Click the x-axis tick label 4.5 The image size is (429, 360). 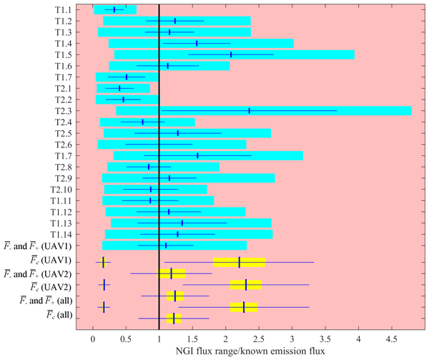pos(392,338)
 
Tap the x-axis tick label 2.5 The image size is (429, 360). pos(259,338)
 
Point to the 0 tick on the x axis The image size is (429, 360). pos(93,338)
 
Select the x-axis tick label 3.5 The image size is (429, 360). pos(325,338)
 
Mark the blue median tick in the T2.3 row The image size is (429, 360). pos(250,111)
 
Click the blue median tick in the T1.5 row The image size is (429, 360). pos(231,55)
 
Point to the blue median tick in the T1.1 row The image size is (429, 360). pos(114,10)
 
